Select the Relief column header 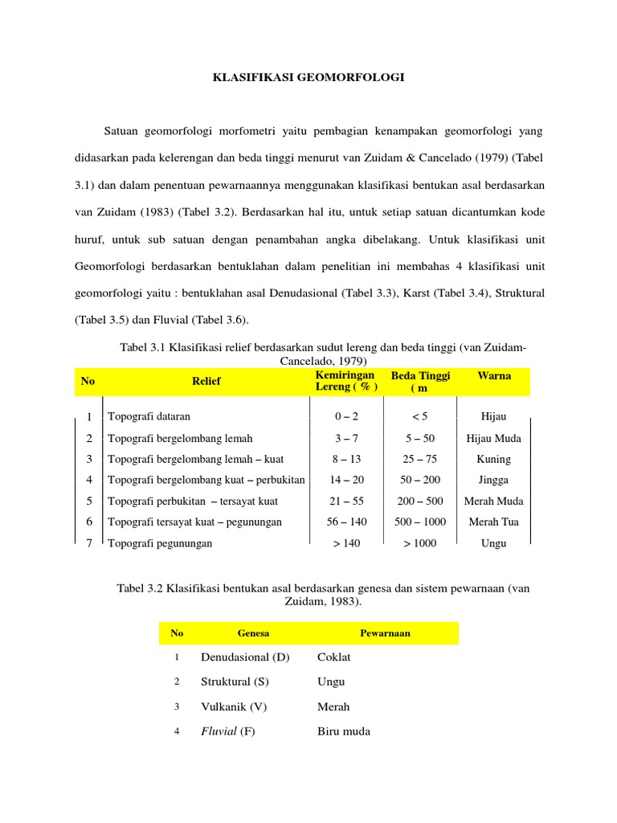[206, 381]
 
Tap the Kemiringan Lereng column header [345, 382]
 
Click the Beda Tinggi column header [420, 382]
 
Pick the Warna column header [493, 375]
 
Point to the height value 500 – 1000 [419, 522]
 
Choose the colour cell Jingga [493, 480]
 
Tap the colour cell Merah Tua [493, 522]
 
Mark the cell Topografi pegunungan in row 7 [160, 543]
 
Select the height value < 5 [419, 417]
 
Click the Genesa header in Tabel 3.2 [253, 633]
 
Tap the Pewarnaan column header [385, 633]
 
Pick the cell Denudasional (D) [244, 657]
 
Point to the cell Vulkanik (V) [233, 706]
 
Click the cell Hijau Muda [493, 438]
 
